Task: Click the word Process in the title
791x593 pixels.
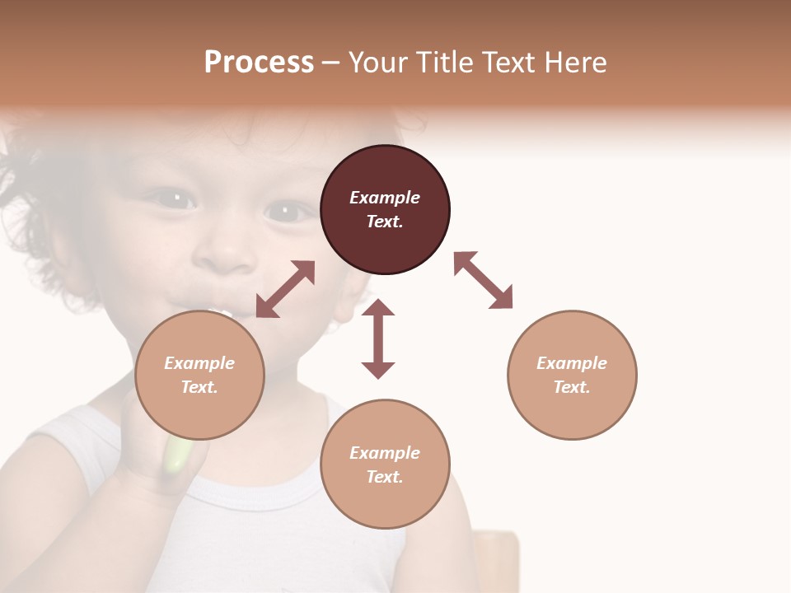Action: coord(259,63)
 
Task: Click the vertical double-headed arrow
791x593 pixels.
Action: coord(378,339)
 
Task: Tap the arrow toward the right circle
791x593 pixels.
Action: coord(483,280)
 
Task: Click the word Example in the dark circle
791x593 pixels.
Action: coord(385,198)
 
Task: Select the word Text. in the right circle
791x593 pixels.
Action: coord(572,387)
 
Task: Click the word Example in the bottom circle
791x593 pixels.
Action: coord(385,453)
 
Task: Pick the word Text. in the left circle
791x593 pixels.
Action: coord(199,387)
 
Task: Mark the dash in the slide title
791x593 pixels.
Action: coord(330,63)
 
